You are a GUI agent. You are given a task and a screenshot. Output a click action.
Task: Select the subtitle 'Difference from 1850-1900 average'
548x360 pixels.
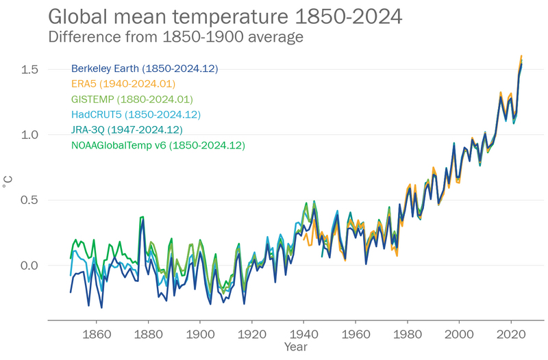point(176,37)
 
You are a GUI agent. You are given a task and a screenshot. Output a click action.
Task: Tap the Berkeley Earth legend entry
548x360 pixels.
point(145,68)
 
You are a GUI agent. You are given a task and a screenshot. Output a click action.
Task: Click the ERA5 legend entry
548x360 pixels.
point(124,83)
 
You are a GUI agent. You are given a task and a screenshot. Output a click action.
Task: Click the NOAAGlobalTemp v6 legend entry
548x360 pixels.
point(158,145)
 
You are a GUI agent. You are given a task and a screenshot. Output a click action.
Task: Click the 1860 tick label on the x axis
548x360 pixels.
point(96,335)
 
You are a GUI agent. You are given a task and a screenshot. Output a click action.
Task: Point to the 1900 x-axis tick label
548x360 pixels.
point(200,335)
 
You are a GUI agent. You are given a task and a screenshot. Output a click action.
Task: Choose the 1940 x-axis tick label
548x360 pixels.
point(303,335)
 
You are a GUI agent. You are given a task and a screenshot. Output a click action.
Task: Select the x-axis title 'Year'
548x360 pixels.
point(296,348)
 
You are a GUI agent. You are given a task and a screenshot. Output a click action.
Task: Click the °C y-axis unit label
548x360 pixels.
point(8,181)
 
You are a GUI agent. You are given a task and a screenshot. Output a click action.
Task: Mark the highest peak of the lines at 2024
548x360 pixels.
point(521,56)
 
